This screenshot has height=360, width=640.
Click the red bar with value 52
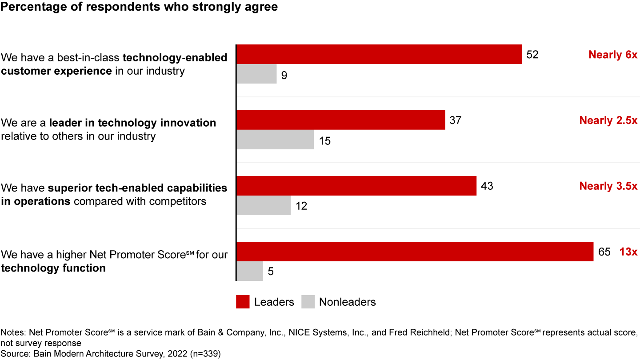pos(379,54)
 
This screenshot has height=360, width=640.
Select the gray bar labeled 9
pos(256,74)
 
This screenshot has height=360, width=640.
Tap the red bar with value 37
pos(340,120)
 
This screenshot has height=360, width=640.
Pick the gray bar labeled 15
pos(275,140)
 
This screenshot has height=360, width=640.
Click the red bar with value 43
pos(356,186)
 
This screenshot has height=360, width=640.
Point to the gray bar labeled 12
pos(264,205)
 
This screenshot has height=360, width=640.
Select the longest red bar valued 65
pos(415,252)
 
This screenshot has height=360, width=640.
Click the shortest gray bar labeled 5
pos(250,271)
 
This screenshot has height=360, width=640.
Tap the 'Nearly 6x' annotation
pos(613,55)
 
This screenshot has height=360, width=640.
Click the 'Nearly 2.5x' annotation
pos(608,120)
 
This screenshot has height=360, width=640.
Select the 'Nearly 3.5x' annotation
pos(608,186)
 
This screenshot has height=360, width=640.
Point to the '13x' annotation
pos(628,252)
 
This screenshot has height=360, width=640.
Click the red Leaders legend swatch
pos(243,302)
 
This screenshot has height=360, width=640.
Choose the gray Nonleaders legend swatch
pos(308,302)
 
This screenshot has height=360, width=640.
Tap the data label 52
pos(532,55)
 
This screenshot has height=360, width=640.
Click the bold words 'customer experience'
pos(56,71)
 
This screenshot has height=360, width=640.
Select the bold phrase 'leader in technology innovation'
pos(132,123)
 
